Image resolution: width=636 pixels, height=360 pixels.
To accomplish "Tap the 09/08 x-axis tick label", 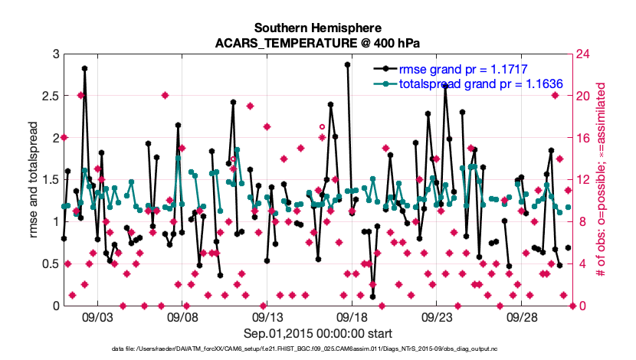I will [x=184, y=316].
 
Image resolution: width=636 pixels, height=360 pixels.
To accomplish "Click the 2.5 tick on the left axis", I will [x=50, y=97].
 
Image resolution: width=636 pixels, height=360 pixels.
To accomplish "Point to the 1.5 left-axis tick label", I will [x=50, y=180].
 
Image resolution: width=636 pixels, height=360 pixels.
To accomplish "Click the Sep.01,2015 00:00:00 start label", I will [x=318, y=334].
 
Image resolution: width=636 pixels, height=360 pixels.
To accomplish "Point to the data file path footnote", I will [x=318, y=349].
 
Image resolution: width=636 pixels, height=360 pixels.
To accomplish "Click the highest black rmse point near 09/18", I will [x=347, y=65].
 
